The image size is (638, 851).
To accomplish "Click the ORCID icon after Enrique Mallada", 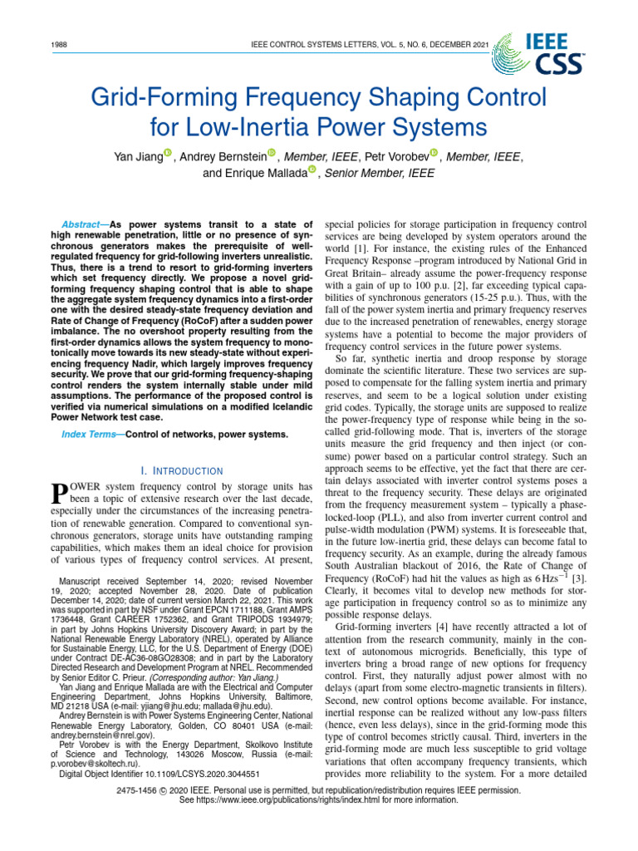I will coord(312,170).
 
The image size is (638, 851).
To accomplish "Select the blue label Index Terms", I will coord(87,435).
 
